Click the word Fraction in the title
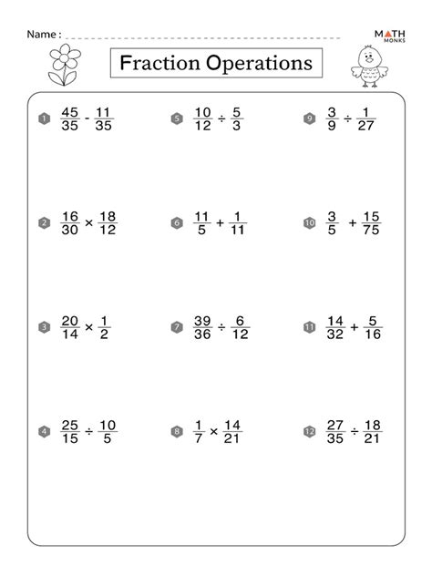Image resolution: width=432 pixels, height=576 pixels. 159,64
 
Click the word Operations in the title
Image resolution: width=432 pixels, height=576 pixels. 256,64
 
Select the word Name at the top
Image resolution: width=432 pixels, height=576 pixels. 43,34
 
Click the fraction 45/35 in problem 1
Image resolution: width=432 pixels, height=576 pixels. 69,118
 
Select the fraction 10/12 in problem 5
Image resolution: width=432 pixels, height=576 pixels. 202,118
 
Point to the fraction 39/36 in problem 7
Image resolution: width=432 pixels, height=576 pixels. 202,326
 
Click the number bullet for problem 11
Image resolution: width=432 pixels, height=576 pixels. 309,326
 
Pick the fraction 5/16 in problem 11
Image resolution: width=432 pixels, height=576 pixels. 372,326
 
